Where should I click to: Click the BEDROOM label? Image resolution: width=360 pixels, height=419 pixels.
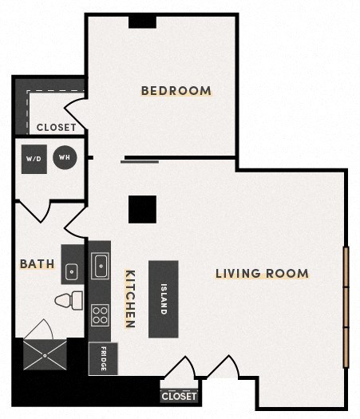coord(176,90)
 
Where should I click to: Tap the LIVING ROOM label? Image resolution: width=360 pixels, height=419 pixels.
coord(262,274)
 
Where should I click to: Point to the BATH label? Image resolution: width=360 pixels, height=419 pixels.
coord(38,263)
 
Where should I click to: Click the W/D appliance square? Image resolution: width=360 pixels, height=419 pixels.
coord(34,159)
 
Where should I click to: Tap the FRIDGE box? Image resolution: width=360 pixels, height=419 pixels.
coord(103,358)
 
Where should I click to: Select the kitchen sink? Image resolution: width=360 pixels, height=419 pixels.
coord(101,265)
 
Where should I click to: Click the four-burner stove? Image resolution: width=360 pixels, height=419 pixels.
coord(100,315)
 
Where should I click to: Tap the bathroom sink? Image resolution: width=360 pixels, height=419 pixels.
coord(72,271)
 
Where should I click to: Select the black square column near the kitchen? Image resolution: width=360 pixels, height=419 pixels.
coord(142,209)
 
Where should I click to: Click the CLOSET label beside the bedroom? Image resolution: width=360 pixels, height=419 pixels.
coord(56,127)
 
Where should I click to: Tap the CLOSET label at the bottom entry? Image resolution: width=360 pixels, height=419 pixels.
coord(179,396)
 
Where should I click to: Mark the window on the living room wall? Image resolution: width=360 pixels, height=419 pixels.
coord(346,307)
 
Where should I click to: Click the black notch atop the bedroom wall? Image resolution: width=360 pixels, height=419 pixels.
coord(142,21)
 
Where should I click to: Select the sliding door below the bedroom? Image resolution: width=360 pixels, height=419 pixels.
coord(140,162)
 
